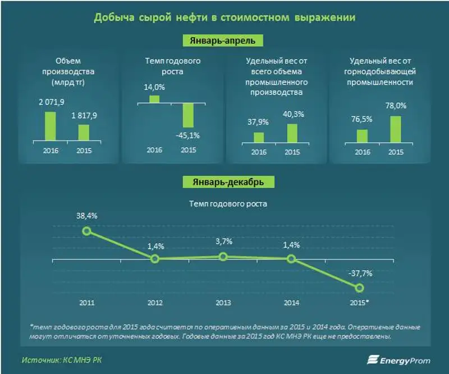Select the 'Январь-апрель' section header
coord(224,41)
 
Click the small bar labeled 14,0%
coord(154,99)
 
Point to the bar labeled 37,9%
coord(258,138)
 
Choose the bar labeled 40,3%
coord(292,133)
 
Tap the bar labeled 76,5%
coord(362,136)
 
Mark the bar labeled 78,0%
coord(395,129)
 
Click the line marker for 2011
coord(86,231)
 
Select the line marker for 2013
coord(223,257)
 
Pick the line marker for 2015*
coord(360,288)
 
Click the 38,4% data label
coord(86,216)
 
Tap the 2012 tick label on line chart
coord(154,303)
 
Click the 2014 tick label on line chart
coord(291,303)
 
